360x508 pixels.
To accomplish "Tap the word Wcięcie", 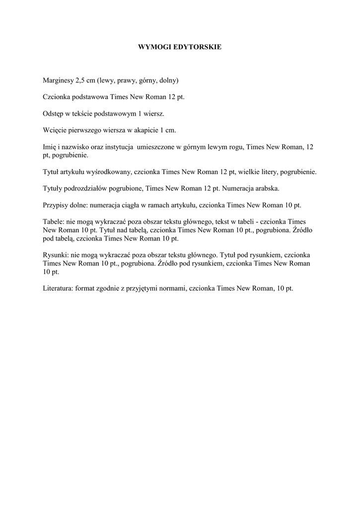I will coord(55,131).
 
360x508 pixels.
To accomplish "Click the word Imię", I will coord(50,147).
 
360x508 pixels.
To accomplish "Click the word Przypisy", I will coord(56,205).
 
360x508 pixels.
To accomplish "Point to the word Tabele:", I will coord(54,222).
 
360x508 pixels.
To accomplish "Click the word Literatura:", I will coord(58,288).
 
